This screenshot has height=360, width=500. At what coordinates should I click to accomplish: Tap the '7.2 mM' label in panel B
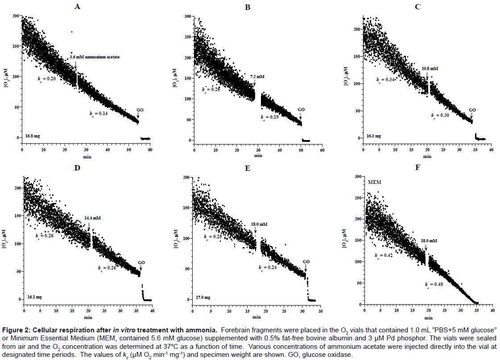pos(257,76)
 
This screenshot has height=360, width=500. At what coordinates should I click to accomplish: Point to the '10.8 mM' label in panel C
pos(430,69)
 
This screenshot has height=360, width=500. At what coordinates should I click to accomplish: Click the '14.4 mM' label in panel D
pos(92,218)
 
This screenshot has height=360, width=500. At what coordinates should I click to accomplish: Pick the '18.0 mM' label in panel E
pos(259,224)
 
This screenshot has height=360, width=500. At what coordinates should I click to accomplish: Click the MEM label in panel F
pos(374,182)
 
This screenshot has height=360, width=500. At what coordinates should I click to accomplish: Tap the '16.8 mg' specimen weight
pos(33,136)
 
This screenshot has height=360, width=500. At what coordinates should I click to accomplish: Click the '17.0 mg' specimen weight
pos(203,297)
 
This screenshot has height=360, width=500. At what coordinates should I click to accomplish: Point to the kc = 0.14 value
pos(99,113)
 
